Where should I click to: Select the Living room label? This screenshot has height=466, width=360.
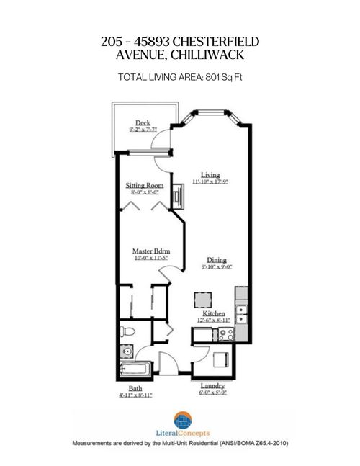click(x=210, y=175)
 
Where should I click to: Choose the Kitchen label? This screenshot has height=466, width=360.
click(x=213, y=314)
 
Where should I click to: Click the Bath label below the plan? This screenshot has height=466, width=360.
click(x=135, y=387)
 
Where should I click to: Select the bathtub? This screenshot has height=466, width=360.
click(x=135, y=371)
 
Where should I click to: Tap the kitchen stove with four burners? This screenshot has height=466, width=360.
click(x=224, y=333)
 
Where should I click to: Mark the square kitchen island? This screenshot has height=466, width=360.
click(x=202, y=299)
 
